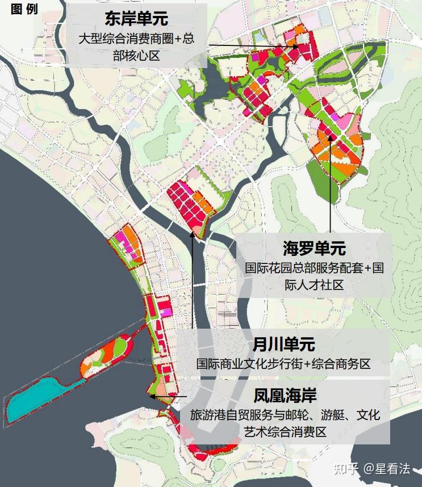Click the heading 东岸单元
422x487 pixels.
136,19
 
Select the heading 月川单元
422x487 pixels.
284,345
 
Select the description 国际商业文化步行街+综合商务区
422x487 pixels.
283,364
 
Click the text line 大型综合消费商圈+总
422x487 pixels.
136,40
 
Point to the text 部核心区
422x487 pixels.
136,56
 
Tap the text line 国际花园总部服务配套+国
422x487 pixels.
314,268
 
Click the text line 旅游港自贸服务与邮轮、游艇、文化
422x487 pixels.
285,415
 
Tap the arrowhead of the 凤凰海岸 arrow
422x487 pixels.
151,396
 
